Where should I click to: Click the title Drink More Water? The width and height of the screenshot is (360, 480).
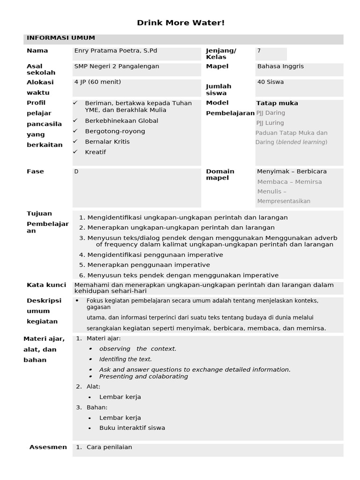click(180, 23)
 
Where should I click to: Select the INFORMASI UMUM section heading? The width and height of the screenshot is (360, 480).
click(61, 38)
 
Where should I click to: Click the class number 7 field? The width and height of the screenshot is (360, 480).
click(259, 51)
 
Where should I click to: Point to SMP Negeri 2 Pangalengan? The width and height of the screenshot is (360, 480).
click(117, 66)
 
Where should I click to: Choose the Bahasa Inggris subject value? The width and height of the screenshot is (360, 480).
click(280, 66)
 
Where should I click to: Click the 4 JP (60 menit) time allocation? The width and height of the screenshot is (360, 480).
click(97, 82)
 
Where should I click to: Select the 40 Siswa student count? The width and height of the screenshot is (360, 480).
click(270, 82)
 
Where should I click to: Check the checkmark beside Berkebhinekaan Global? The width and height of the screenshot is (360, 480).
click(75, 120)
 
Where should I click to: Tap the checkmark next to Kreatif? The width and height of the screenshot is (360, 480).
click(75, 152)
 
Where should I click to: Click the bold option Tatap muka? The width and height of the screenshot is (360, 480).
click(277, 103)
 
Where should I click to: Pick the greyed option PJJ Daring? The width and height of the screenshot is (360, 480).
click(270, 113)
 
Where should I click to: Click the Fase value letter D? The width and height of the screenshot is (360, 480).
click(76, 172)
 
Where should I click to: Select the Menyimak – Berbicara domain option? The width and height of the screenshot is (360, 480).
click(292, 172)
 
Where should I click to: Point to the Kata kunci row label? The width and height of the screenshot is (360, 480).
click(46, 285)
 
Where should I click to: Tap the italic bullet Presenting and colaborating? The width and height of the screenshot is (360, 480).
click(143, 376)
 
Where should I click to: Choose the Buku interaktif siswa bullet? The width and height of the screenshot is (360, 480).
click(132, 428)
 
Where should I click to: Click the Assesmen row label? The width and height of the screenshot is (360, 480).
click(48, 447)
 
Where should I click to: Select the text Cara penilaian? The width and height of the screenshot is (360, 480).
click(109, 447)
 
